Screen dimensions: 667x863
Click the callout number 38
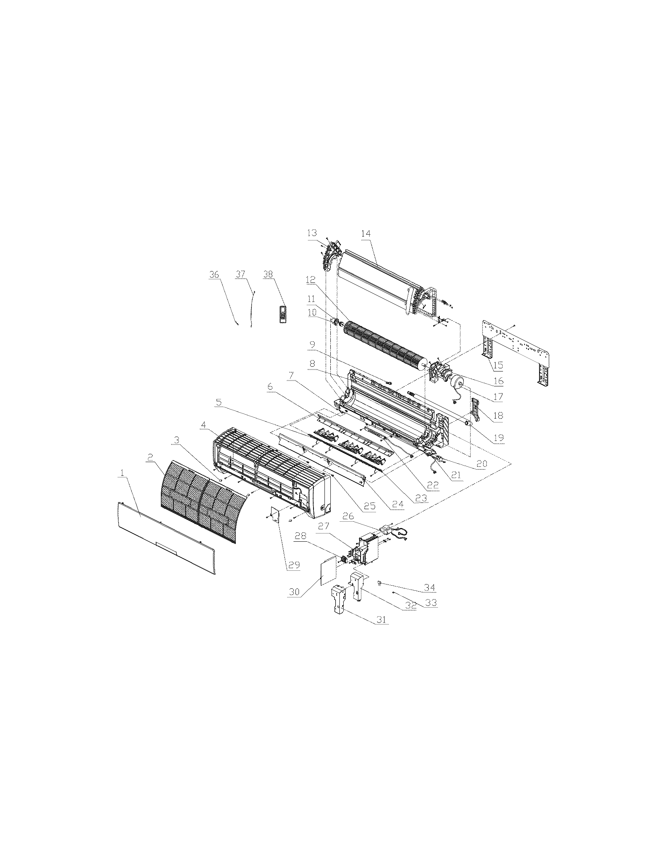click(268, 275)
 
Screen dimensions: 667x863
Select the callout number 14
click(366, 233)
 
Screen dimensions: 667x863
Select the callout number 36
click(214, 275)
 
